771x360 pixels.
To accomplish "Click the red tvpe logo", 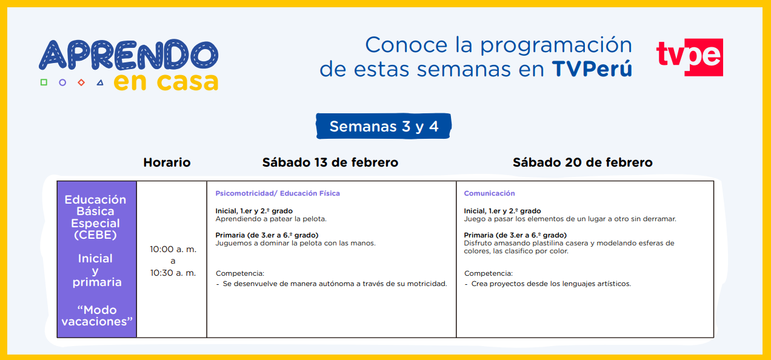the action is pos(690,57).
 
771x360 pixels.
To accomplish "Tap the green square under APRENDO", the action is pos(44,82).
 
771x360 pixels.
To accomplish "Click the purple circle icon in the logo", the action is pos(62,82).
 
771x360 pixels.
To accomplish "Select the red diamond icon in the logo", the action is pos(81,82).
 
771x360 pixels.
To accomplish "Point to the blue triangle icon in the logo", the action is pos(100,82).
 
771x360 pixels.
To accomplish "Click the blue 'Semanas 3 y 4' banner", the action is pos(384,126).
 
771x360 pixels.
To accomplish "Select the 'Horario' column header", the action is pos(167,162).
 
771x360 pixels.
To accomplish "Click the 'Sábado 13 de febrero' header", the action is pos(330,162).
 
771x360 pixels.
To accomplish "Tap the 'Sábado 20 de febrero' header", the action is pos(582,162).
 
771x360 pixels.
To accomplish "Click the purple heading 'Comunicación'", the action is pos(489,193).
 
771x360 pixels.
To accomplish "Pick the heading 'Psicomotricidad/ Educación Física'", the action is pos(278,193).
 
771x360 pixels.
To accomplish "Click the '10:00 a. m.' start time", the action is pos(173,249).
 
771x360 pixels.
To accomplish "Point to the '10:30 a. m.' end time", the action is pos(173,273).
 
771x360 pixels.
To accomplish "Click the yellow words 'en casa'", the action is pos(166,82).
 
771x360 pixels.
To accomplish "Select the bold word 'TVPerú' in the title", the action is pos(592,68).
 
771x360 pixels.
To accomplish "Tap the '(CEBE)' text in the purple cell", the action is pos(95,235).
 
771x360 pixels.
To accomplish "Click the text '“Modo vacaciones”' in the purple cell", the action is pos(97,316).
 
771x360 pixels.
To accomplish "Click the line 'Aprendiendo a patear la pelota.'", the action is pos(271,219).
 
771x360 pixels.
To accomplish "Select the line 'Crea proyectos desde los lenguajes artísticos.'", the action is pos(551,284).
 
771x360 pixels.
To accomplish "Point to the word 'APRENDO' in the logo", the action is pos(128,55).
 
